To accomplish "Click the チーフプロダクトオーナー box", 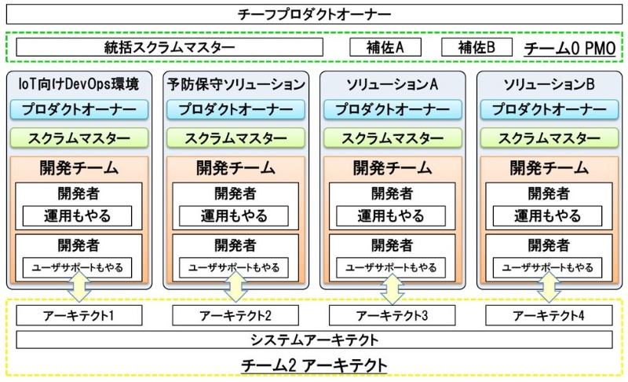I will pos(314,14).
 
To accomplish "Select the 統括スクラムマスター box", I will pos(169,47).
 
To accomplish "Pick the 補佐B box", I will pos(477,47).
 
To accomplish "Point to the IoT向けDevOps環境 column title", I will pos(78,83).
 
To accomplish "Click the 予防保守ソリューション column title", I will pos(235,83).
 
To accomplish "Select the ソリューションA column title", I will pos(392,83).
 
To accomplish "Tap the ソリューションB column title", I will pos(549,83).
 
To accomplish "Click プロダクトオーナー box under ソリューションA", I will pos(392,110).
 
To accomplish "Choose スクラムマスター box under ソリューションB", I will pos(549,138).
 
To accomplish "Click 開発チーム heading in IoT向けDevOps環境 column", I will pos(78,167).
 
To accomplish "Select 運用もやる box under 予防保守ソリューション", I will pos(235,215).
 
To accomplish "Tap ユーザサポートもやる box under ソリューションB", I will pos(549,267).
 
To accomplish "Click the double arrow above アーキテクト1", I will pos(78,288).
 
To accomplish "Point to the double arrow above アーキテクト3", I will pos(392,288).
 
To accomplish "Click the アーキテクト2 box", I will pos(235,316).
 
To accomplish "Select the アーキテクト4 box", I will pos(549,316).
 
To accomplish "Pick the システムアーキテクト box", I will pos(314,340).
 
